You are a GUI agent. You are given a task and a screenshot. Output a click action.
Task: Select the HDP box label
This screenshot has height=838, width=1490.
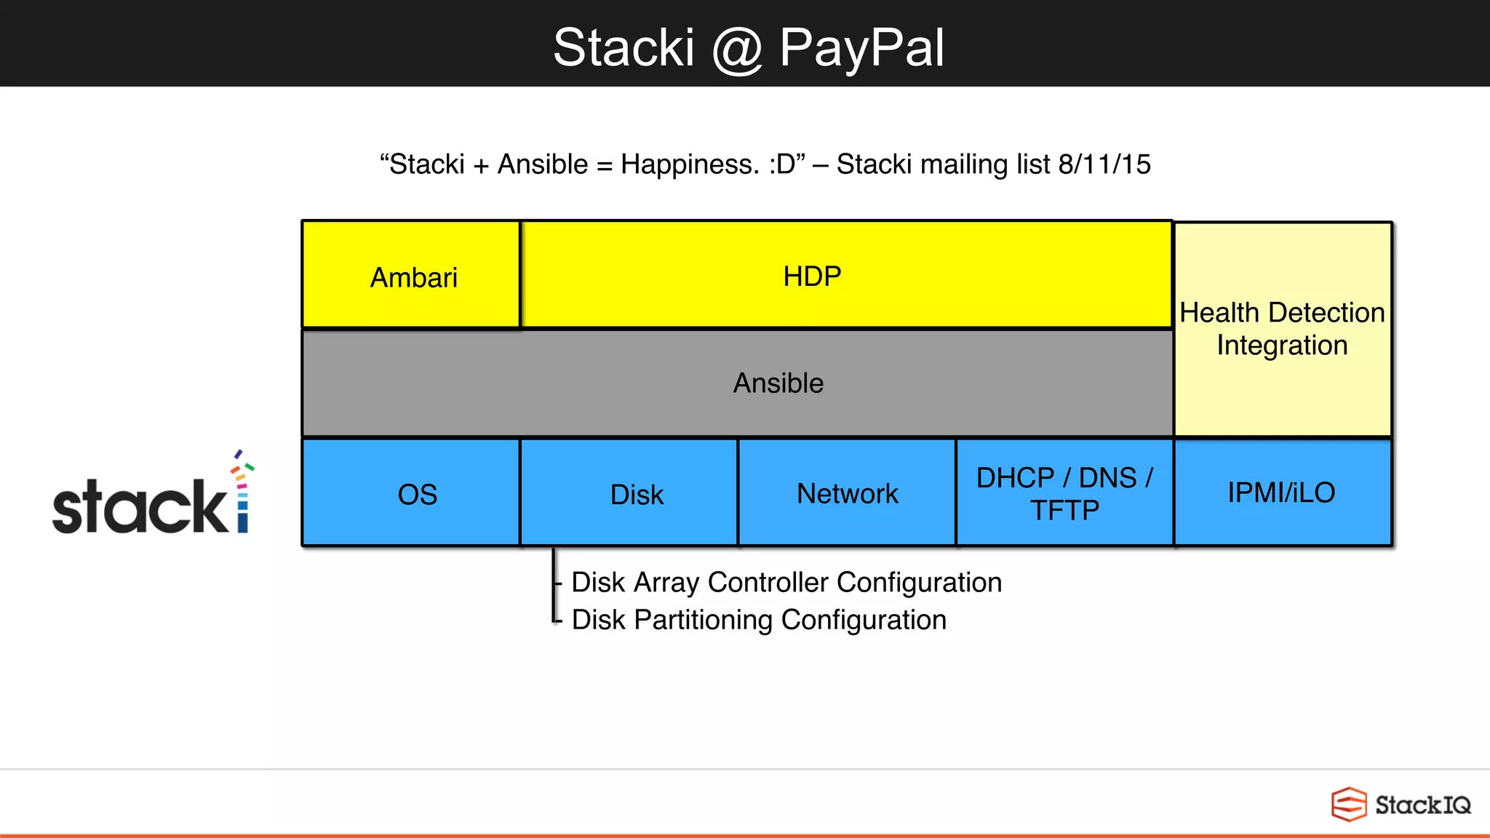pyautogui.click(x=812, y=276)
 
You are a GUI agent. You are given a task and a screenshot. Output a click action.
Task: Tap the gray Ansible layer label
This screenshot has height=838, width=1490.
pyautogui.click(x=778, y=383)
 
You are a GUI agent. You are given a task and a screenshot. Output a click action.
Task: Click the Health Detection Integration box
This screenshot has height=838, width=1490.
pyautogui.click(x=1282, y=329)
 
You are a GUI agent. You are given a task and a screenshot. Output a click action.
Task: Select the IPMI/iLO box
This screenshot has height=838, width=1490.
pyautogui.click(x=1282, y=492)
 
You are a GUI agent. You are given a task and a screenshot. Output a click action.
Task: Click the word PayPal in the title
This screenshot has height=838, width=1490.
pyautogui.click(x=861, y=48)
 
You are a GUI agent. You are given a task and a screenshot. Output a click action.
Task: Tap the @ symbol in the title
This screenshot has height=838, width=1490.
pyautogui.click(x=736, y=49)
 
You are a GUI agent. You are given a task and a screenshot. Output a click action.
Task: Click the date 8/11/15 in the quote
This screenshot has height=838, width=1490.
pyautogui.click(x=1104, y=164)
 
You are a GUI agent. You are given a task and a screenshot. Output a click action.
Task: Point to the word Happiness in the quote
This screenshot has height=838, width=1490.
pyautogui.click(x=690, y=164)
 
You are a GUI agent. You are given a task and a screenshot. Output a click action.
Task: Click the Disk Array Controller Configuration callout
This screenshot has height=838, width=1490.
pyautogui.click(x=786, y=583)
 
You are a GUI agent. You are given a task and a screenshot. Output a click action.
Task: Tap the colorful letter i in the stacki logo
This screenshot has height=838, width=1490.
pyautogui.click(x=242, y=495)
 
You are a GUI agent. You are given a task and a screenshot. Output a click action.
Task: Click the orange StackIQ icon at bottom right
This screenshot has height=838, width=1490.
pyautogui.click(x=1348, y=805)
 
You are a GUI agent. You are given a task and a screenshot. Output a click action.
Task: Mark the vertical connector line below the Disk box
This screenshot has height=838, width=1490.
pyautogui.click(x=554, y=586)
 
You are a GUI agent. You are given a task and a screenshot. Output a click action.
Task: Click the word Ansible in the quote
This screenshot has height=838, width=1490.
pyautogui.click(x=542, y=164)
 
